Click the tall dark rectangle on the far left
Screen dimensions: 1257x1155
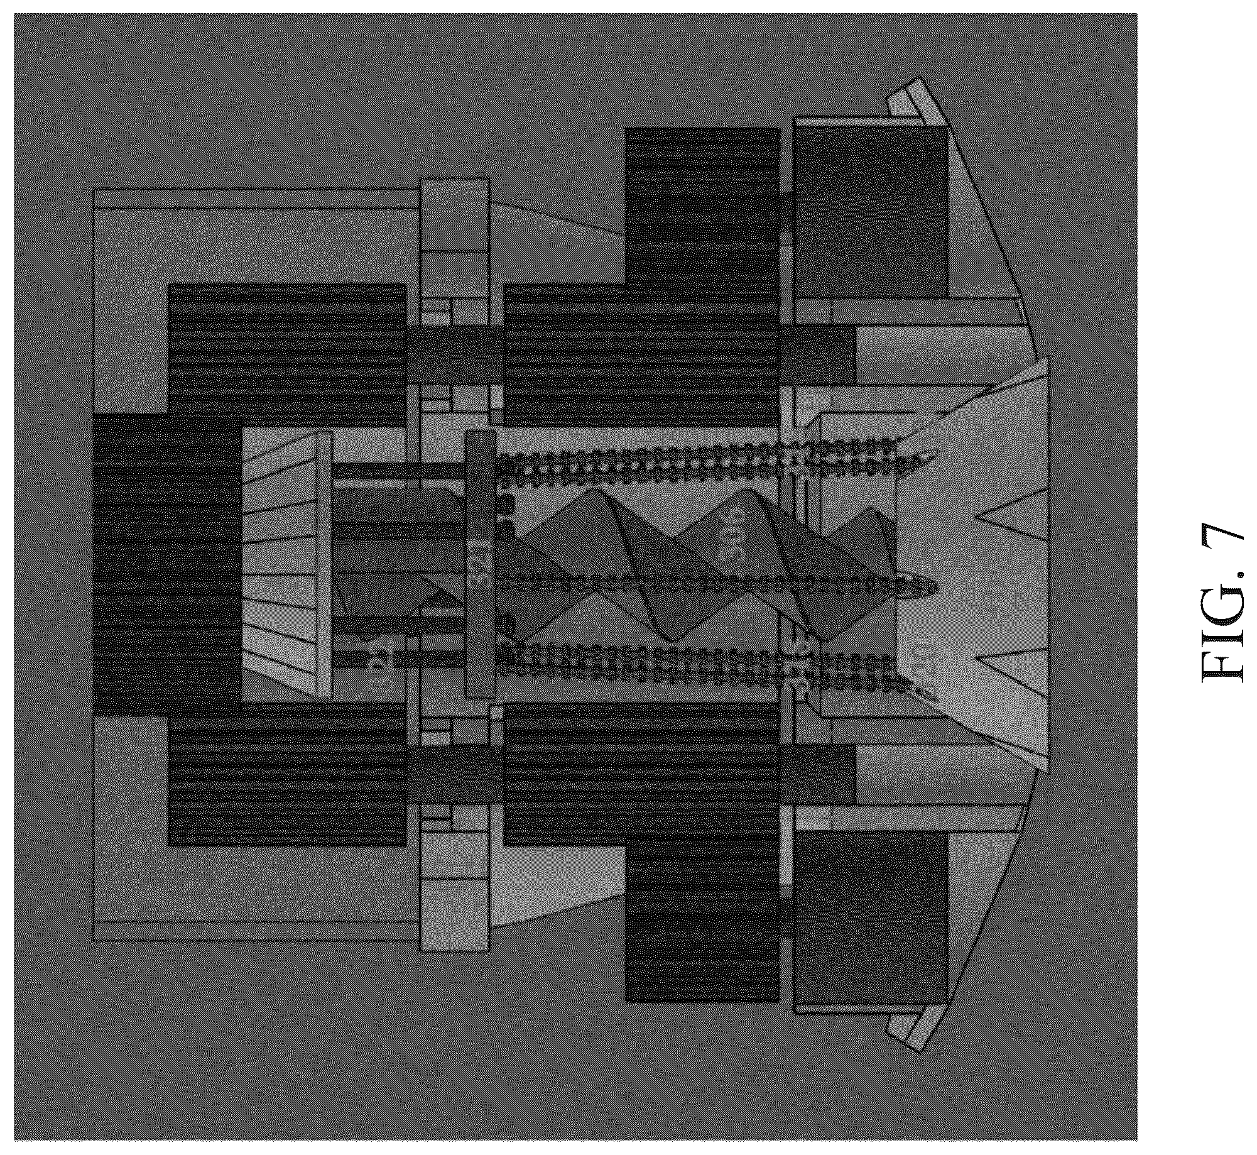tap(168, 564)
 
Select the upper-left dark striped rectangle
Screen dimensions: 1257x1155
tap(288, 356)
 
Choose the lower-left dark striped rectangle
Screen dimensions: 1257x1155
tap(288, 774)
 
